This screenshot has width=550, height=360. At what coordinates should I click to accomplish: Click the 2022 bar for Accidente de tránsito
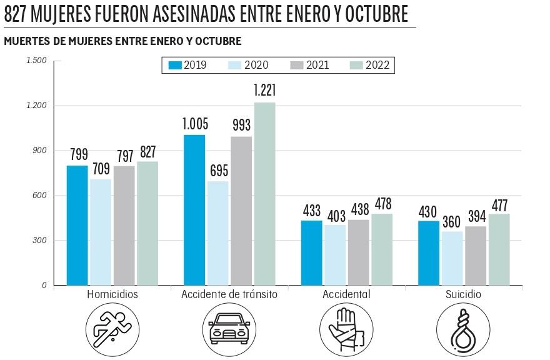(x=264, y=194)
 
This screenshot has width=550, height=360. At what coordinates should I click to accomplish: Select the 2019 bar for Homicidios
(x=77, y=225)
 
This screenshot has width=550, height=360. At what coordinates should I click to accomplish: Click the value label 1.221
(x=264, y=91)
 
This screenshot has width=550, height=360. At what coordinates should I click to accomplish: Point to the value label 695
(x=218, y=170)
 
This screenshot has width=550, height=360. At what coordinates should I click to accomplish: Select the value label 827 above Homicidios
(x=147, y=151)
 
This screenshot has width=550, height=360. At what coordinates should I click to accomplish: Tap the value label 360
(x=452, y=221)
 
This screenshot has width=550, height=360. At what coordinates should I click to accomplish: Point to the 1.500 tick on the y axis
(x=36, y=61)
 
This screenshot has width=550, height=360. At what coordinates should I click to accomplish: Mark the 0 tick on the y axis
(x=44, y=286)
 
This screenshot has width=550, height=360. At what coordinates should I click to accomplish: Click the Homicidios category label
(x=112, y=294)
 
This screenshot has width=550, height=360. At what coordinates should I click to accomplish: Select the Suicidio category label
(x=463, y=294)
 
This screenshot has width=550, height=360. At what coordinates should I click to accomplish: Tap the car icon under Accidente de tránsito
(x=229, y=329)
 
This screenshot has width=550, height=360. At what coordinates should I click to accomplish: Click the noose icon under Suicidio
(x=463, y=329)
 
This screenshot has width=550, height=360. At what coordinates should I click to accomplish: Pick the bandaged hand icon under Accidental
(x=346, y=329)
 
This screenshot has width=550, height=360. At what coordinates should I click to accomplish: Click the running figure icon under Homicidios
(x=112, y=329)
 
